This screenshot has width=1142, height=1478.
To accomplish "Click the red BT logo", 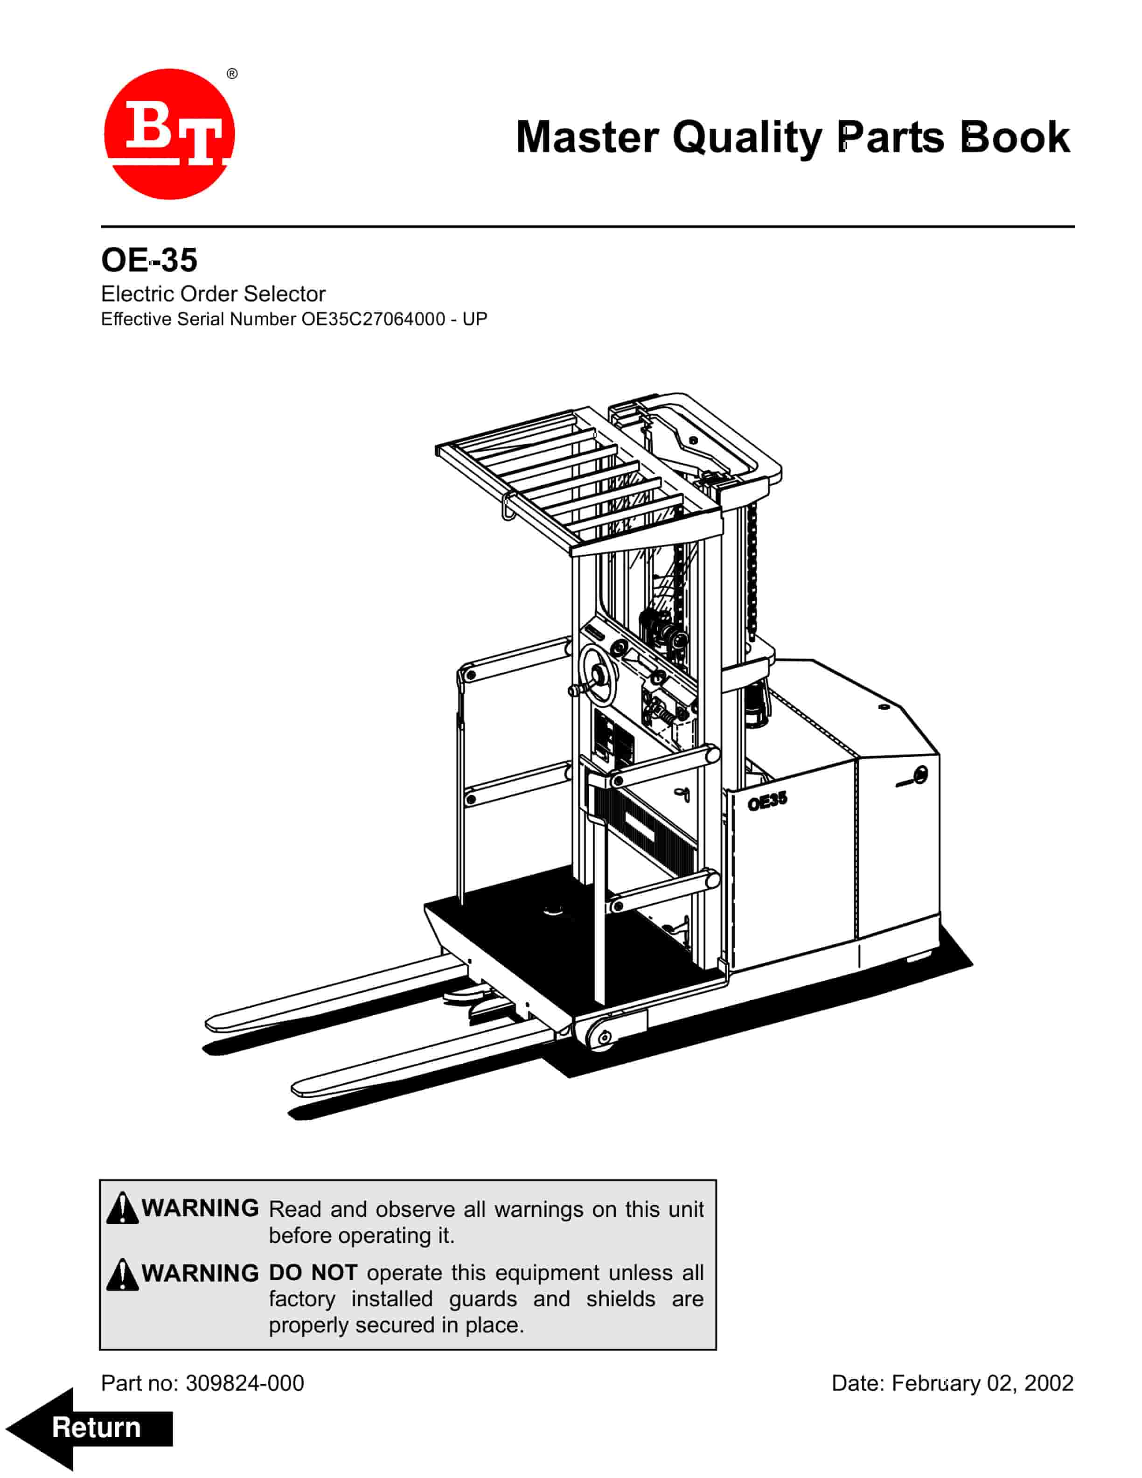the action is click(x=169, y=134).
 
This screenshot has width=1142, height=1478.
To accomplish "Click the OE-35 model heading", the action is click(x=149, y=259).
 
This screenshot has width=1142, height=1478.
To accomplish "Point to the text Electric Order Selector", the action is click(x=213, y=294).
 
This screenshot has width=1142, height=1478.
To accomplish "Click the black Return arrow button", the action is click(x=89, y=1428).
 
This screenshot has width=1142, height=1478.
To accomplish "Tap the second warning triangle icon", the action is click(x=122, y=1274).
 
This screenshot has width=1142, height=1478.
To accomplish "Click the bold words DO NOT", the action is click(x=313, y=1273).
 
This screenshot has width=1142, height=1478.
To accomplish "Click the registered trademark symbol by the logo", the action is click(x=232, y=74).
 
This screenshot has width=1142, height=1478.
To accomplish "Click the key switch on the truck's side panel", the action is click(x=919, y=775).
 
